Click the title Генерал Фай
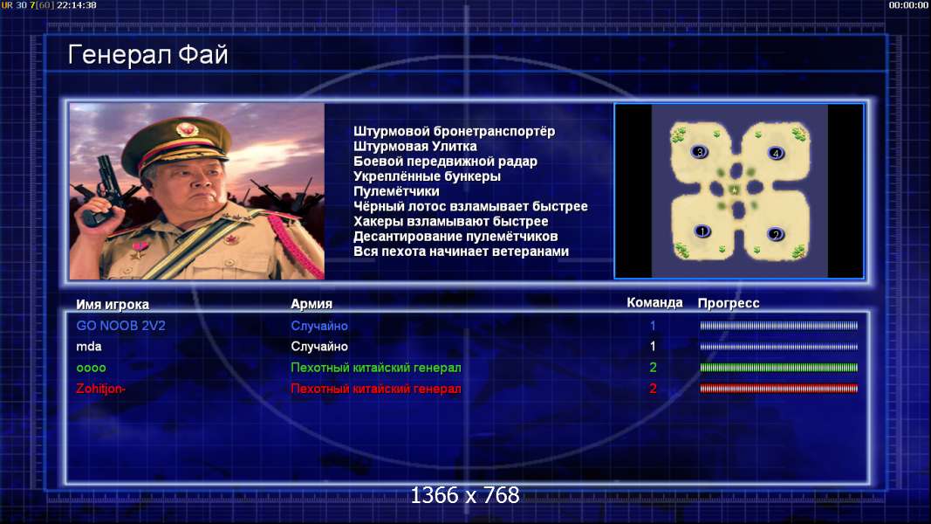pyautogui.click(x=147, y=55)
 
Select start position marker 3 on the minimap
pyautogui.click(x=700, y=152)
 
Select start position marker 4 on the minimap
pyautogui.click(x=776, y=154)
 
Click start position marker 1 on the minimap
pyautogui.click(x=702, y=231)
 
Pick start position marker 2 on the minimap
pyautogui.click(x=776, y=234)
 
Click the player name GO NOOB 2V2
pyautogui.click(x=120, y=326)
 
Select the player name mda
pyautogui.click(x=88, y=347)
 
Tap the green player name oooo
pyautogui.click(x=91, y=368)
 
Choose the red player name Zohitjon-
pyautogui.click(x=100, y=389)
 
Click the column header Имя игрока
pyautogui.click(x=113, y=304)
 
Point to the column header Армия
pyautogui.click(x=311, y=304)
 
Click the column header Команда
pyautogui.click(x=654, y=302)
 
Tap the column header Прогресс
pyautogui.click(x=729, y=303)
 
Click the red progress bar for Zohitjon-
pyautogui.click(x=779, y=389)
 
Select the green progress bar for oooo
pyautogui.click(x=779, y=368)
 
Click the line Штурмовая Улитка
pyautogui.click(x=415, y=146)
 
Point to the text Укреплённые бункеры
pyautogui.click(x=427, y=176)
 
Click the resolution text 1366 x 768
pyautogui.click(x=465, y=495)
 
